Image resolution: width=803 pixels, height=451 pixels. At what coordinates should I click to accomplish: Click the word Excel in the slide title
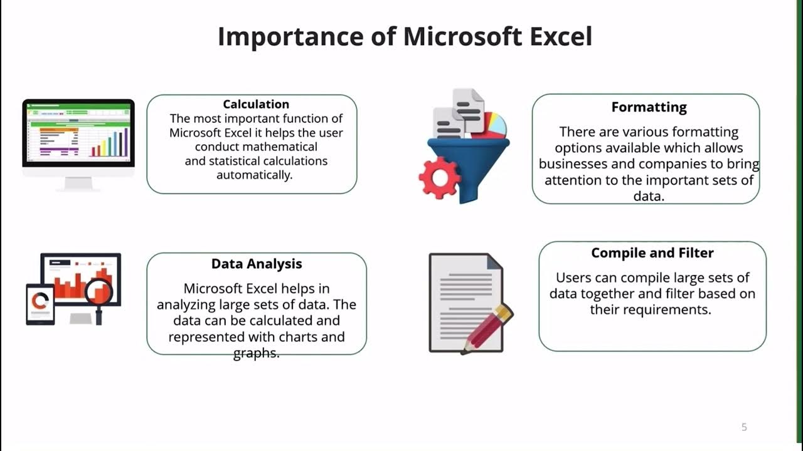click(560, 37)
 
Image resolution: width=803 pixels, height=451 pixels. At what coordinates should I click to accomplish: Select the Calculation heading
click(256, 104)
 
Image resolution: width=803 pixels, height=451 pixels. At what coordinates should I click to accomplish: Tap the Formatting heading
click(649, 107)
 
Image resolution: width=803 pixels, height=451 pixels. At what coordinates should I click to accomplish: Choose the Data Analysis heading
click(257, 264)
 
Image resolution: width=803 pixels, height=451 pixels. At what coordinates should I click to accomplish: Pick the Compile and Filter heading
click(652, 253)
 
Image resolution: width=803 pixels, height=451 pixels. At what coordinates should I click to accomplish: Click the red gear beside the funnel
click(439, 177)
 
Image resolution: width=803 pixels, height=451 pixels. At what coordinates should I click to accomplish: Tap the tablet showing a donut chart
click(40, 303)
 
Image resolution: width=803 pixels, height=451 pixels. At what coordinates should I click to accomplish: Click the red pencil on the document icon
click(489, 327)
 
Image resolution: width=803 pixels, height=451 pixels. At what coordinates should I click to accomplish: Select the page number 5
click(744, 427)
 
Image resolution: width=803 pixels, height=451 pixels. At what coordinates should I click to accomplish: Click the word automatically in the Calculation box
click(254, 175)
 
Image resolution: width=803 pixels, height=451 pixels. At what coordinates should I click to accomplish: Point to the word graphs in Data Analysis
click(256, 353)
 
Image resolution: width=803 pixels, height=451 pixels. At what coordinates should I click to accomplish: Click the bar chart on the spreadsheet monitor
click(109, 142)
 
